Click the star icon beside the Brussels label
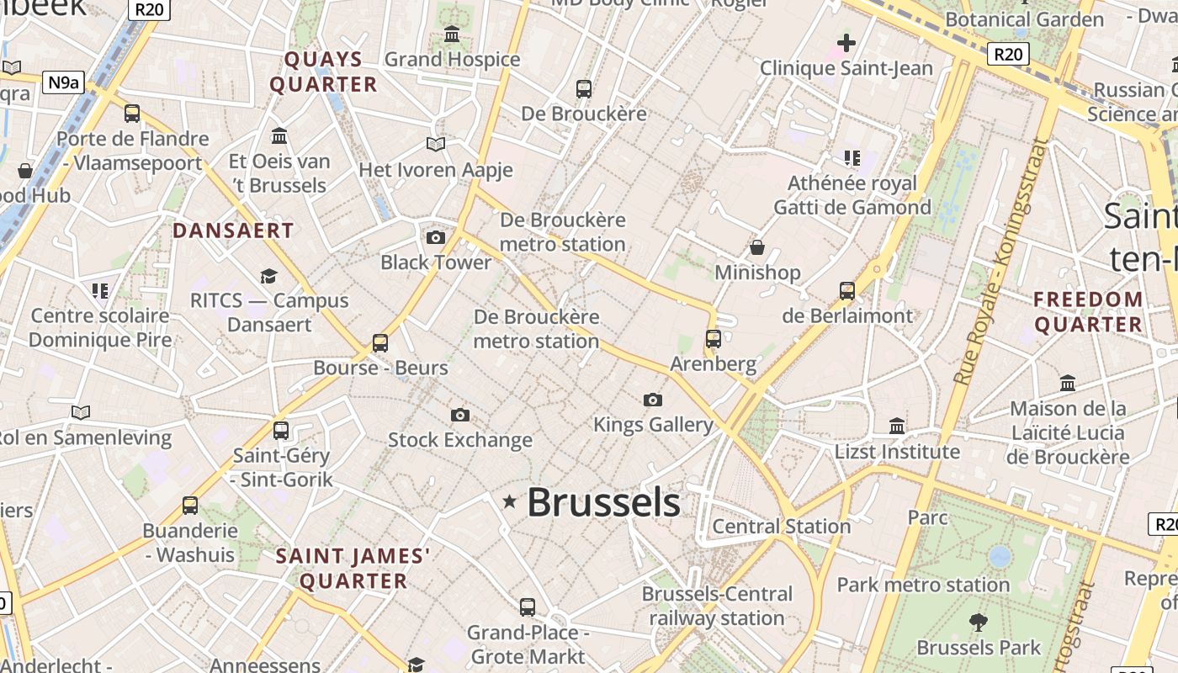tap(509, 502)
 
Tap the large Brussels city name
tap(603, 502)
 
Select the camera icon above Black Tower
tap(435, 238)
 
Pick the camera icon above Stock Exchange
tap(459, 415)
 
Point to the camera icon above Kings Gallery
tap(652, 400)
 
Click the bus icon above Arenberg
tap(714, 339)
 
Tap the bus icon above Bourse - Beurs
tap(380, 343)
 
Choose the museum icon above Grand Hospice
tap(452, 34)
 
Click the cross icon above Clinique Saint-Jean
tap(846, 43)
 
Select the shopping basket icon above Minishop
tap(757, 247)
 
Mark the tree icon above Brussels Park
tap(978, 623)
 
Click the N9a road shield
tap(64, 82)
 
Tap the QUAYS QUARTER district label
tap(324, 72)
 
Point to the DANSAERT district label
tap(233, 231)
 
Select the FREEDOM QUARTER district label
tap(1089, 311)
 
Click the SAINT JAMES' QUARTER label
tap(353, 569)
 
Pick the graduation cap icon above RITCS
tap(268, 276)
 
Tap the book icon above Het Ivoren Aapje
tap(435, 145)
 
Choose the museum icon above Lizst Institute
tap(897, 427)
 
